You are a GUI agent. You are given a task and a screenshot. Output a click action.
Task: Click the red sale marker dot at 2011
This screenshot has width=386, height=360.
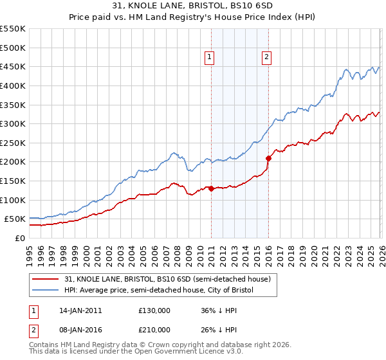tap(211, 188)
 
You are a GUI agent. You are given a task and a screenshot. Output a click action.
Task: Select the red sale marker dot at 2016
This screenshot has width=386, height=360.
tap(268, 157)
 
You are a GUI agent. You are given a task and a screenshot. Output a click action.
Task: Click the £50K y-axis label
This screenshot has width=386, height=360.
tap(15, 219)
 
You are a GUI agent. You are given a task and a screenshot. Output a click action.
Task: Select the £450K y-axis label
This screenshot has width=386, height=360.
tap(13, 66)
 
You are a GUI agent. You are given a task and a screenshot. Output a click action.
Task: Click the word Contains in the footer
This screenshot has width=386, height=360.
tap(44, 346)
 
